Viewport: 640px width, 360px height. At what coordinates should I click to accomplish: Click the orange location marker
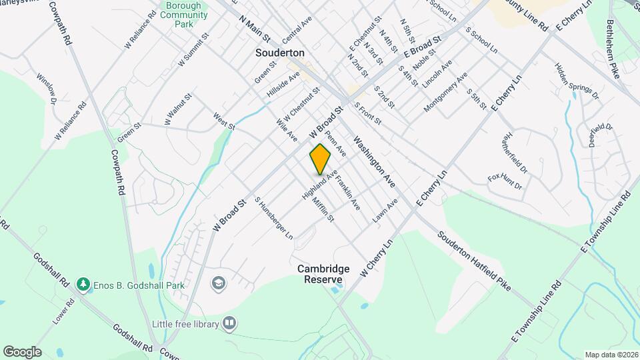click(321, 159)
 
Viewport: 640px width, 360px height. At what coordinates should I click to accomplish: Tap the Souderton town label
click(280, 52)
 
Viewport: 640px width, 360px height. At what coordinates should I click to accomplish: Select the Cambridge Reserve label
click(323, 274)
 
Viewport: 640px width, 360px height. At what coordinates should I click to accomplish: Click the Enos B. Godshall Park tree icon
click(83, 285)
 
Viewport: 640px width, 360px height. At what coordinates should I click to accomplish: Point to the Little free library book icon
click(229, 324)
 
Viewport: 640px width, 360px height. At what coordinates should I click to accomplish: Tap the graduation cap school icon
click(217, 284)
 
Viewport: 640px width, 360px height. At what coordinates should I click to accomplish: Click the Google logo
click(22, 351)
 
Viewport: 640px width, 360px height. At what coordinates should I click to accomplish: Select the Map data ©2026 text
click(611, 355)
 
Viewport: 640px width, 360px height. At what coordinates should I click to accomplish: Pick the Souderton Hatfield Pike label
click(474, 261)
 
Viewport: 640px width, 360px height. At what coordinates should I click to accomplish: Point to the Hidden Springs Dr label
click(577, 82)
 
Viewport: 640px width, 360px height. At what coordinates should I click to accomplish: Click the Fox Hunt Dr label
click(505, 182)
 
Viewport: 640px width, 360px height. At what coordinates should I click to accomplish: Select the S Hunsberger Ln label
click(273, 217)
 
